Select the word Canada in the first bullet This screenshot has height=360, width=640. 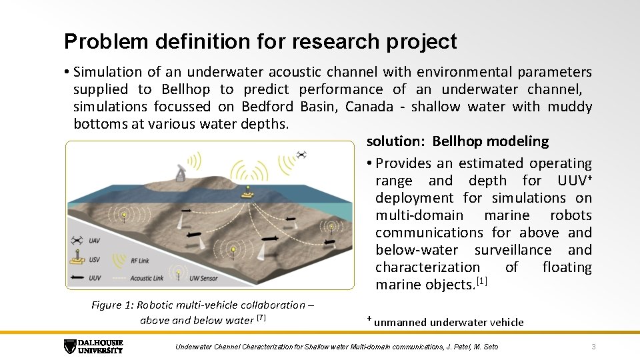tap(369, 107)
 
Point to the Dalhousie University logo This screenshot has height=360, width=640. tap(93, 347)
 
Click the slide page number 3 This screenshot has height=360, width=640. tap(593, 347)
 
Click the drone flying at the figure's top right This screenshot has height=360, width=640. tap(301, 154)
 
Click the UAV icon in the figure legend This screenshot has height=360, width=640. tap(77, 241)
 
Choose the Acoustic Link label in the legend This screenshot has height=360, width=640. tap(147, 278)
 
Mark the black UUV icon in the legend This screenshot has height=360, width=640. tap(77, 277)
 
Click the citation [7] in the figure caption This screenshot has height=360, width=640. tap(261, 319)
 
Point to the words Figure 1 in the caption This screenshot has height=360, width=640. tap(111, 305)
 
